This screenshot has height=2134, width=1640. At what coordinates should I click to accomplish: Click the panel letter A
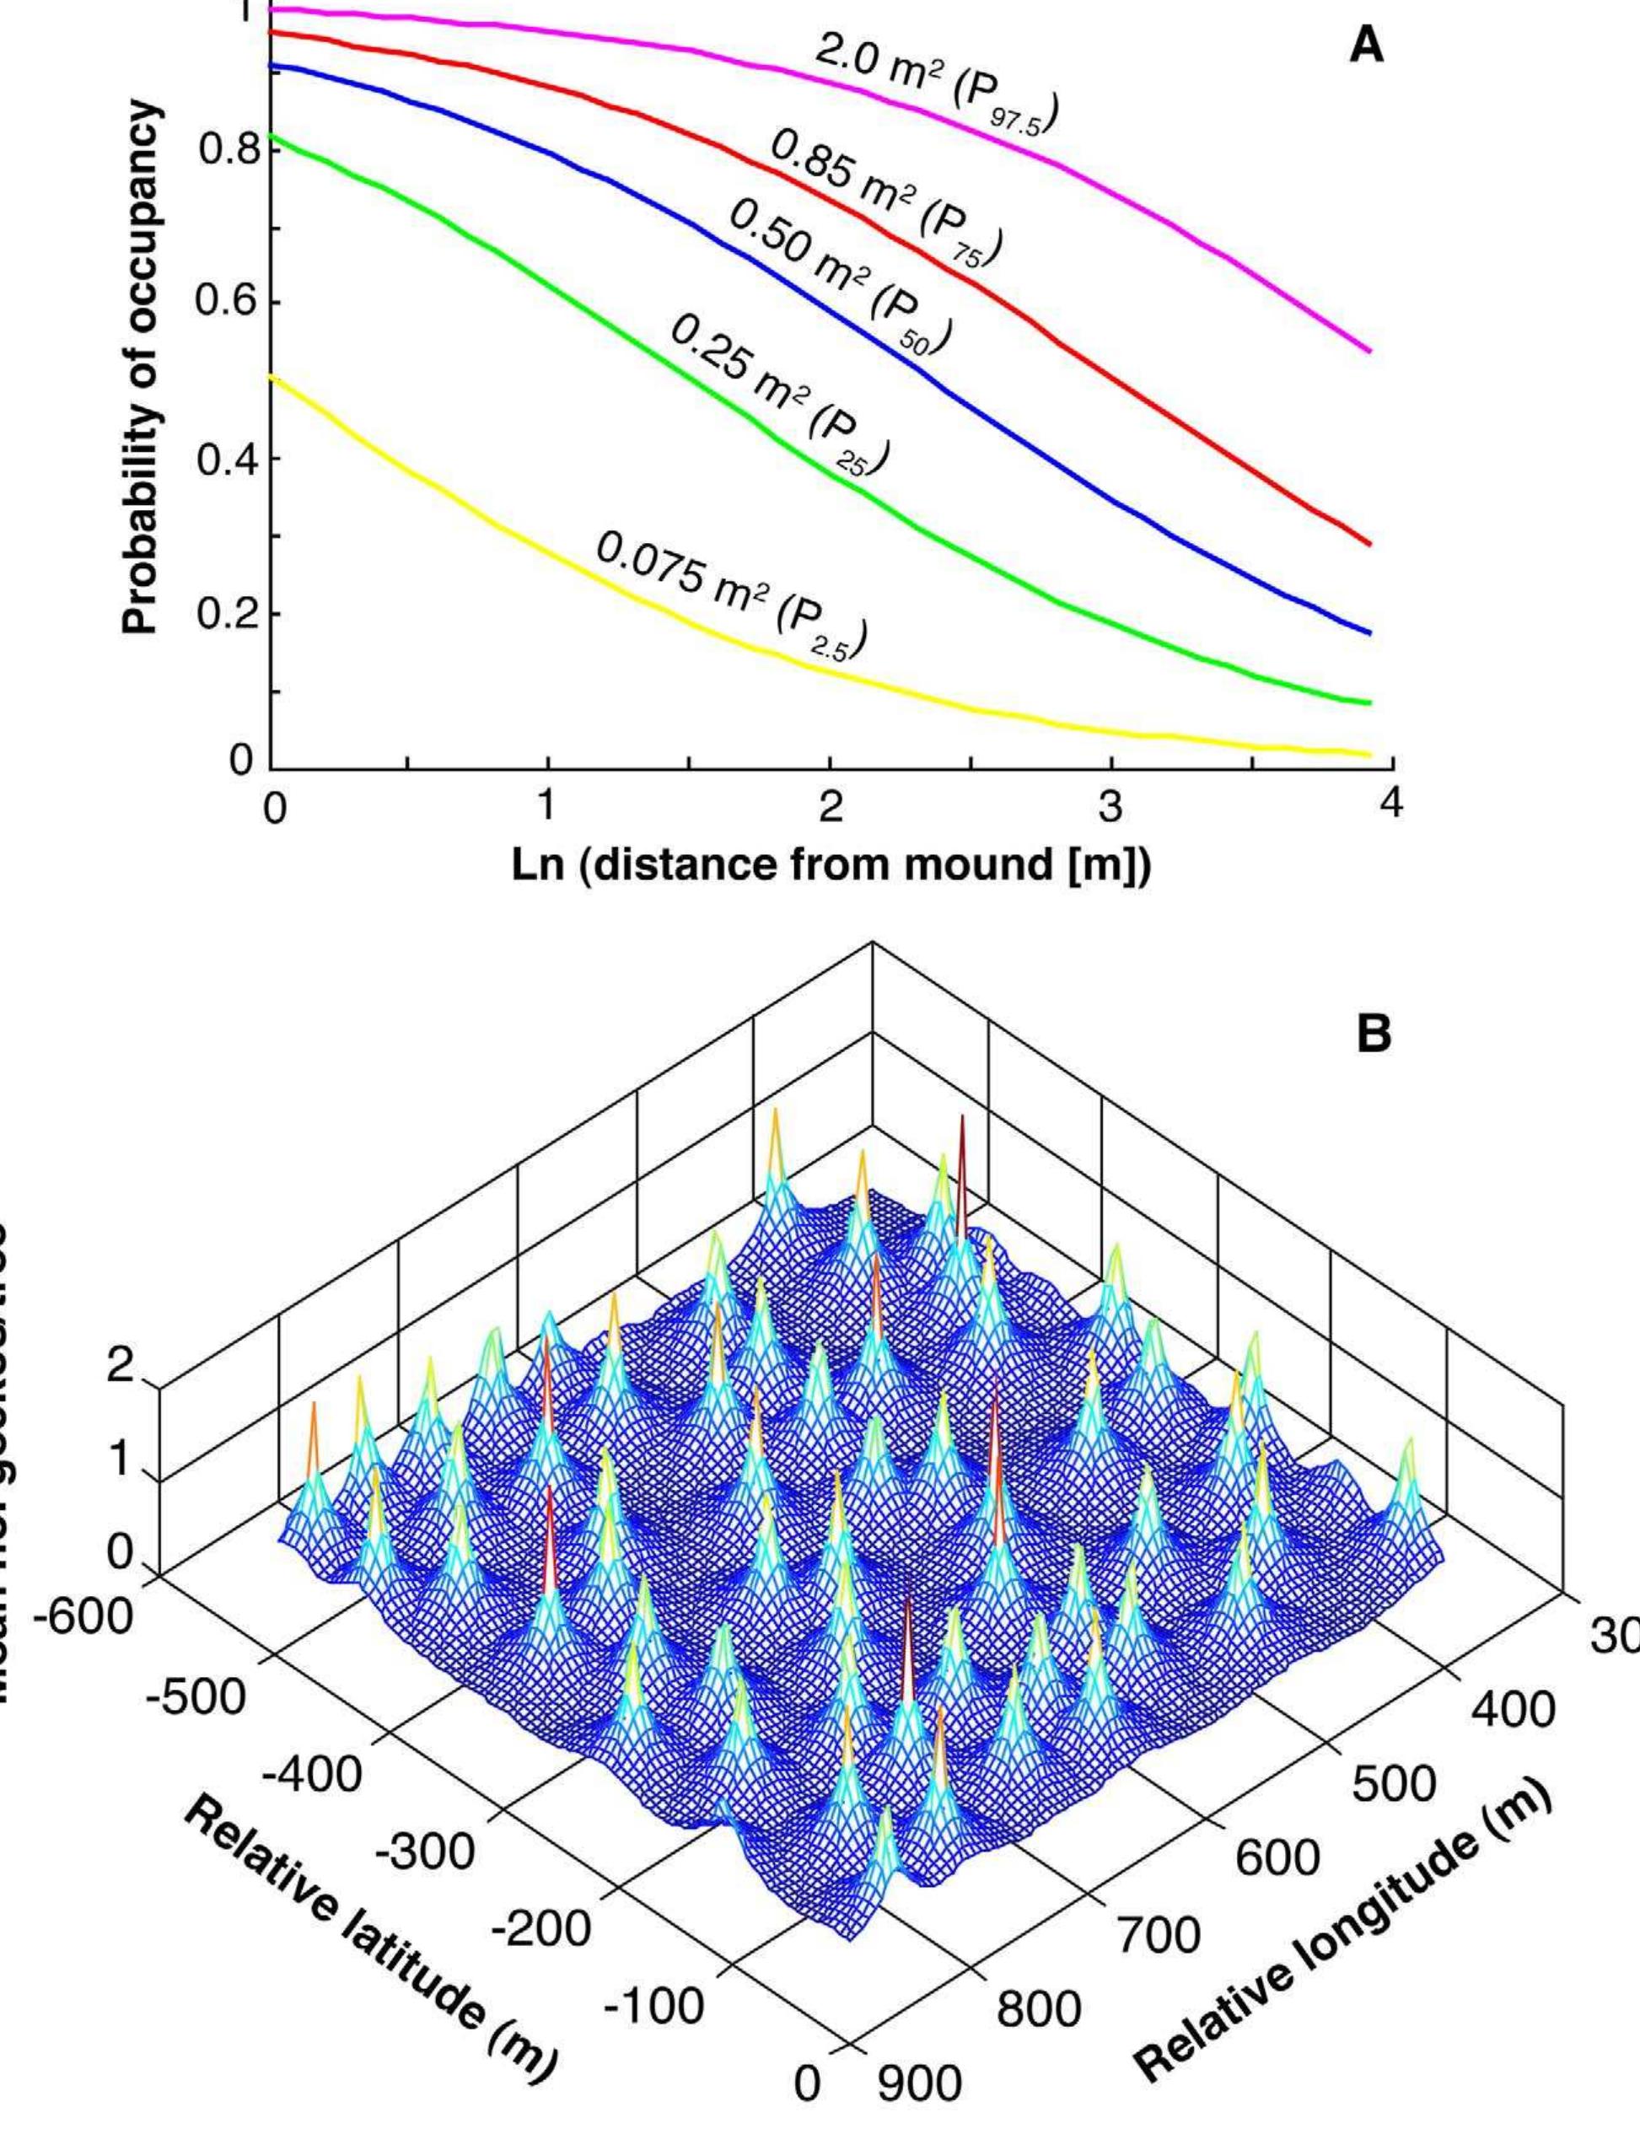pyautogui.click(x=1367, y=45)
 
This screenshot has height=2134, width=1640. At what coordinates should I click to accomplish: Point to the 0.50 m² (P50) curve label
pyautogui.click(x=840, y=283)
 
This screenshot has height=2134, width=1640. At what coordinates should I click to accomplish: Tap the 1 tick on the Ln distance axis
pyautogui.click(x=547, y=806)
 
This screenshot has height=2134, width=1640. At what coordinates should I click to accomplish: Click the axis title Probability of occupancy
pyautogui.click(x=142, y=367)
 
